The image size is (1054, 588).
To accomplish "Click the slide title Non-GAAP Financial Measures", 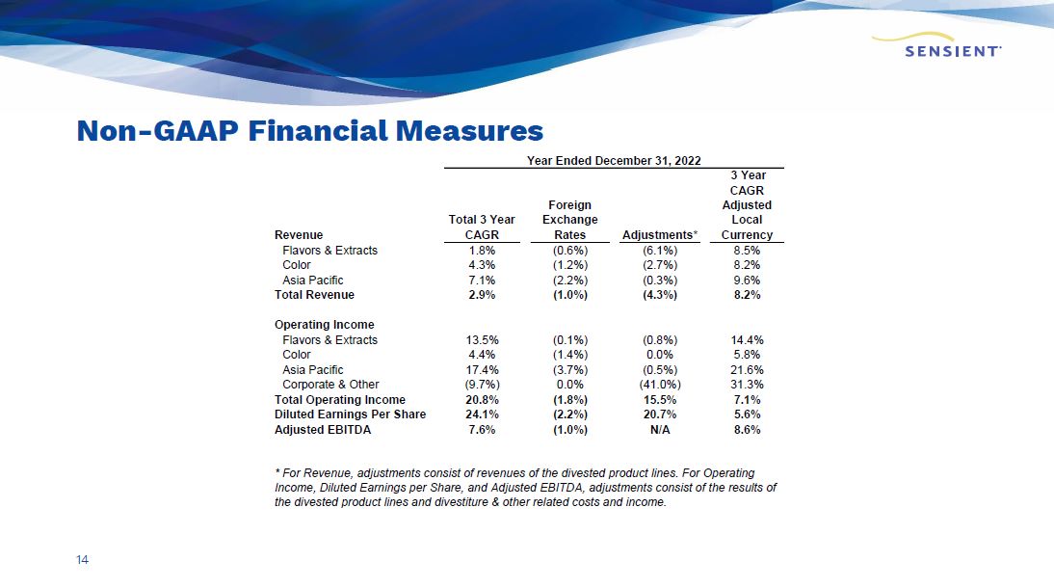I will pos(309,131).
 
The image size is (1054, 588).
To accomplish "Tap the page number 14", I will pos(82,560).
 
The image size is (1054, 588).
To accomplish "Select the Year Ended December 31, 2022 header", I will pos(614,160).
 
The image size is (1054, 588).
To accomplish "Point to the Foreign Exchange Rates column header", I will pos(569,220).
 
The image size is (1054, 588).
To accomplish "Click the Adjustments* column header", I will pos(660,235).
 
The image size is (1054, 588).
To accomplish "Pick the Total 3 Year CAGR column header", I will pos(482,227).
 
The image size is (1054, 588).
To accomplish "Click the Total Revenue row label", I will pos(314,295).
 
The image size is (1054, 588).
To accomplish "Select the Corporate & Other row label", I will pos(330,385).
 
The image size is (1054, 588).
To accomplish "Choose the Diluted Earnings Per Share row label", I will pos(351,414).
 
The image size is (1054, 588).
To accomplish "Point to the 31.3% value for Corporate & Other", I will pos(747,385).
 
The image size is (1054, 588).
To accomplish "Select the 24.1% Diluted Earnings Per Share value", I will pos(481,414).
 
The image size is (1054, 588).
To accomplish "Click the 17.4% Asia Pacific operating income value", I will pos(481,370).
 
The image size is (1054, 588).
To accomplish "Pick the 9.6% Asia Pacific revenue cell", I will pos(747,281).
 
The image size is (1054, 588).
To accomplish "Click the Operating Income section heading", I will pos(324,325).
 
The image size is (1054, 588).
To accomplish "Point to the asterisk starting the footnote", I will pos(277,472).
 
